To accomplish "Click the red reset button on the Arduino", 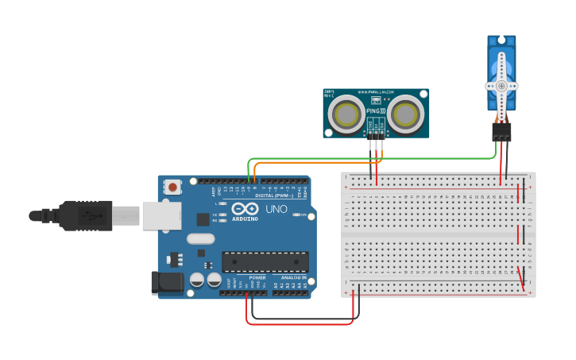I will pos(172,188).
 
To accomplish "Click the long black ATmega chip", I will pos(265,261).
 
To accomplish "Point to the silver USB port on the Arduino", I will pos(161,215).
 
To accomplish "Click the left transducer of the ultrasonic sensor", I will pos(347,114).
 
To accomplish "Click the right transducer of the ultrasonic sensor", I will pos(406,114).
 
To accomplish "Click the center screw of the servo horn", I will pos(501,86).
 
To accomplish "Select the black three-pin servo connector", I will pos(501,132).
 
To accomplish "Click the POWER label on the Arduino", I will pos(257,277).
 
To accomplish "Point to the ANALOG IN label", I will pos(290,277).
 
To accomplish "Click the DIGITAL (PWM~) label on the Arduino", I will pos(274,195).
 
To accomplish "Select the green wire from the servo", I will pos(381,158).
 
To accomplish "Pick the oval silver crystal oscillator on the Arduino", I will pos(201,238).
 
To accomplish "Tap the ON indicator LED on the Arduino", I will pos(297,215).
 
